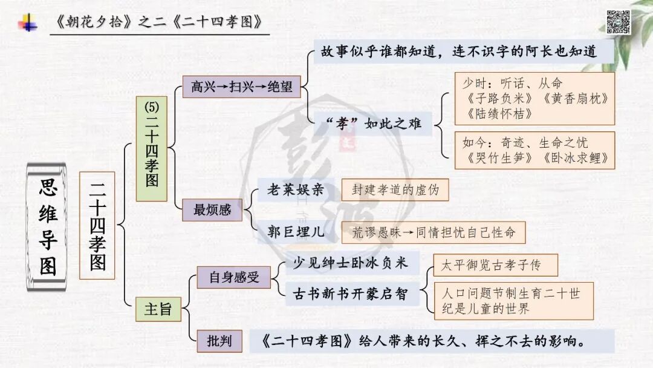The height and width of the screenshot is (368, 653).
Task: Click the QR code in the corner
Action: pos(618,22)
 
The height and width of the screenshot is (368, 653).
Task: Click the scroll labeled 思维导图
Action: pos(48,229)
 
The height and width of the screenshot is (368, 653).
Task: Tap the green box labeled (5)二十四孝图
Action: pos(151,148)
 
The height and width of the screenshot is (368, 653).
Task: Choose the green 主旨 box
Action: pos(158,309)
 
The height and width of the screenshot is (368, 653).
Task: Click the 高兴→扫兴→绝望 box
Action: pos(241,87)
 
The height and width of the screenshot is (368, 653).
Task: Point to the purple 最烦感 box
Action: pos(212,210)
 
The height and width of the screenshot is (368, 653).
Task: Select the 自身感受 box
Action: pos(233,277)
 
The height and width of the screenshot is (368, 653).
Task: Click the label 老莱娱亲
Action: pos(296,190)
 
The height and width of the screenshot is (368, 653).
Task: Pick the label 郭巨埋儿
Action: pos(296,231)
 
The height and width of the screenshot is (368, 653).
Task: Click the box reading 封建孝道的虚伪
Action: pos(395,190)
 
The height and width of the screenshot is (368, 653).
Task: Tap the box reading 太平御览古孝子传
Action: pos(495,265)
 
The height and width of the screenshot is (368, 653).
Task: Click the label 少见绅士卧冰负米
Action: pos(350,262)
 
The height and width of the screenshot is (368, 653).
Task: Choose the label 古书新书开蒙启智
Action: pos(350,295)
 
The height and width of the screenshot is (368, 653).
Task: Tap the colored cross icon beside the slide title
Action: pos(27,23)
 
